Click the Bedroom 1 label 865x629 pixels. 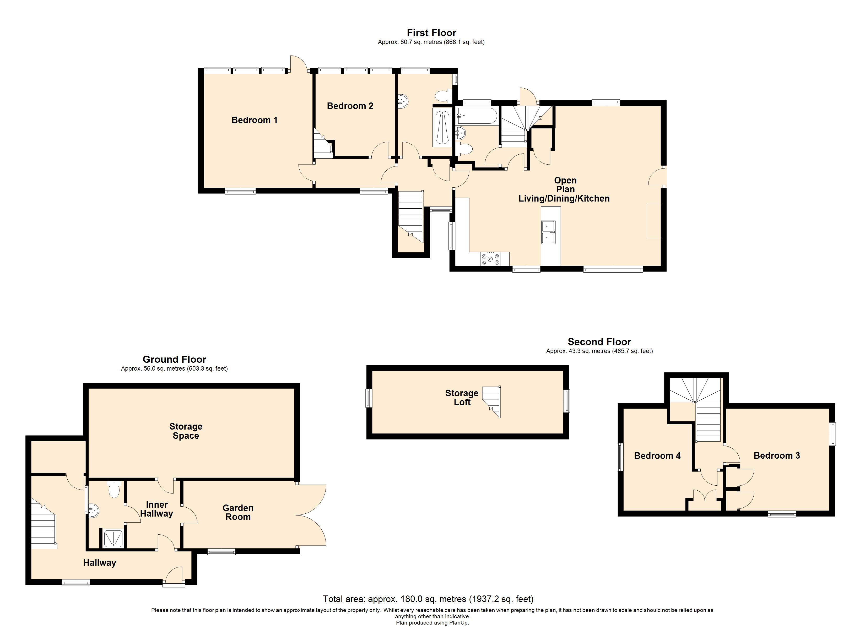[255, 120]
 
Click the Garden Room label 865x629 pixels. [238, 512]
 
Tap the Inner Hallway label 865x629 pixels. [156, 509]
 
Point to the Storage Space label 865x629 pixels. [186, 431]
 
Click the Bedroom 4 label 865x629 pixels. [657, 456]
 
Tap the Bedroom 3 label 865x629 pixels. [776, 456]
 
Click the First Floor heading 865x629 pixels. [431, 33]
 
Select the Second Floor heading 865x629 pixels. [599, 342]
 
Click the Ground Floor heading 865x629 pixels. [174, 359]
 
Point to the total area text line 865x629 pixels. [428, 599]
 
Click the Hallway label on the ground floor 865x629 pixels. [100, 563]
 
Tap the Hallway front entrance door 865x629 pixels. [174, 576]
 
